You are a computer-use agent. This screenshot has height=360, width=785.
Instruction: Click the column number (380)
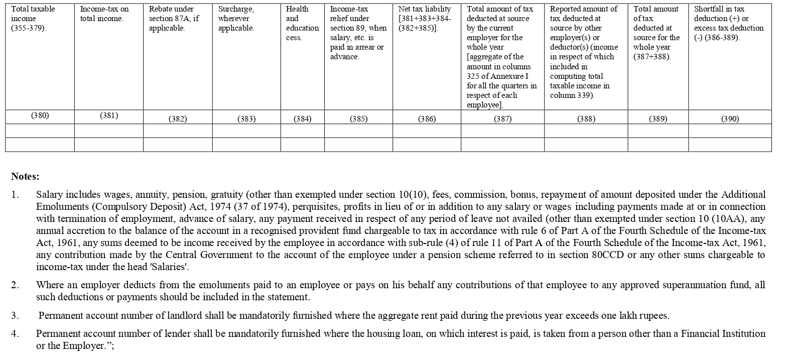pos(40,115)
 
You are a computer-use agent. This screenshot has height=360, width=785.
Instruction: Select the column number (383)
pos(246,119)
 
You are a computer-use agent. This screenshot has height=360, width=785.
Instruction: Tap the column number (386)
pos(427,119)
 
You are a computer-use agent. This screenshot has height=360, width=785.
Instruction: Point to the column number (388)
pos(586,119)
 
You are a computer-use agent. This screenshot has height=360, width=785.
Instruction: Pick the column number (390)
pos(730,119)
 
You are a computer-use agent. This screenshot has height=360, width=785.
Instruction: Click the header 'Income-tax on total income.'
pos(104,14)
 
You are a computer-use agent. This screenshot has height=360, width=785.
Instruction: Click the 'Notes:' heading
pos(25,176)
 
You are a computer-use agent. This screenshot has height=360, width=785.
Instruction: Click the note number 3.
pos(15,316)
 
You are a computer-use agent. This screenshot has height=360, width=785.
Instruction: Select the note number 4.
pos(15,333)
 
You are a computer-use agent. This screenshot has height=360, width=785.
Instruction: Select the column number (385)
pos(358,119)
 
